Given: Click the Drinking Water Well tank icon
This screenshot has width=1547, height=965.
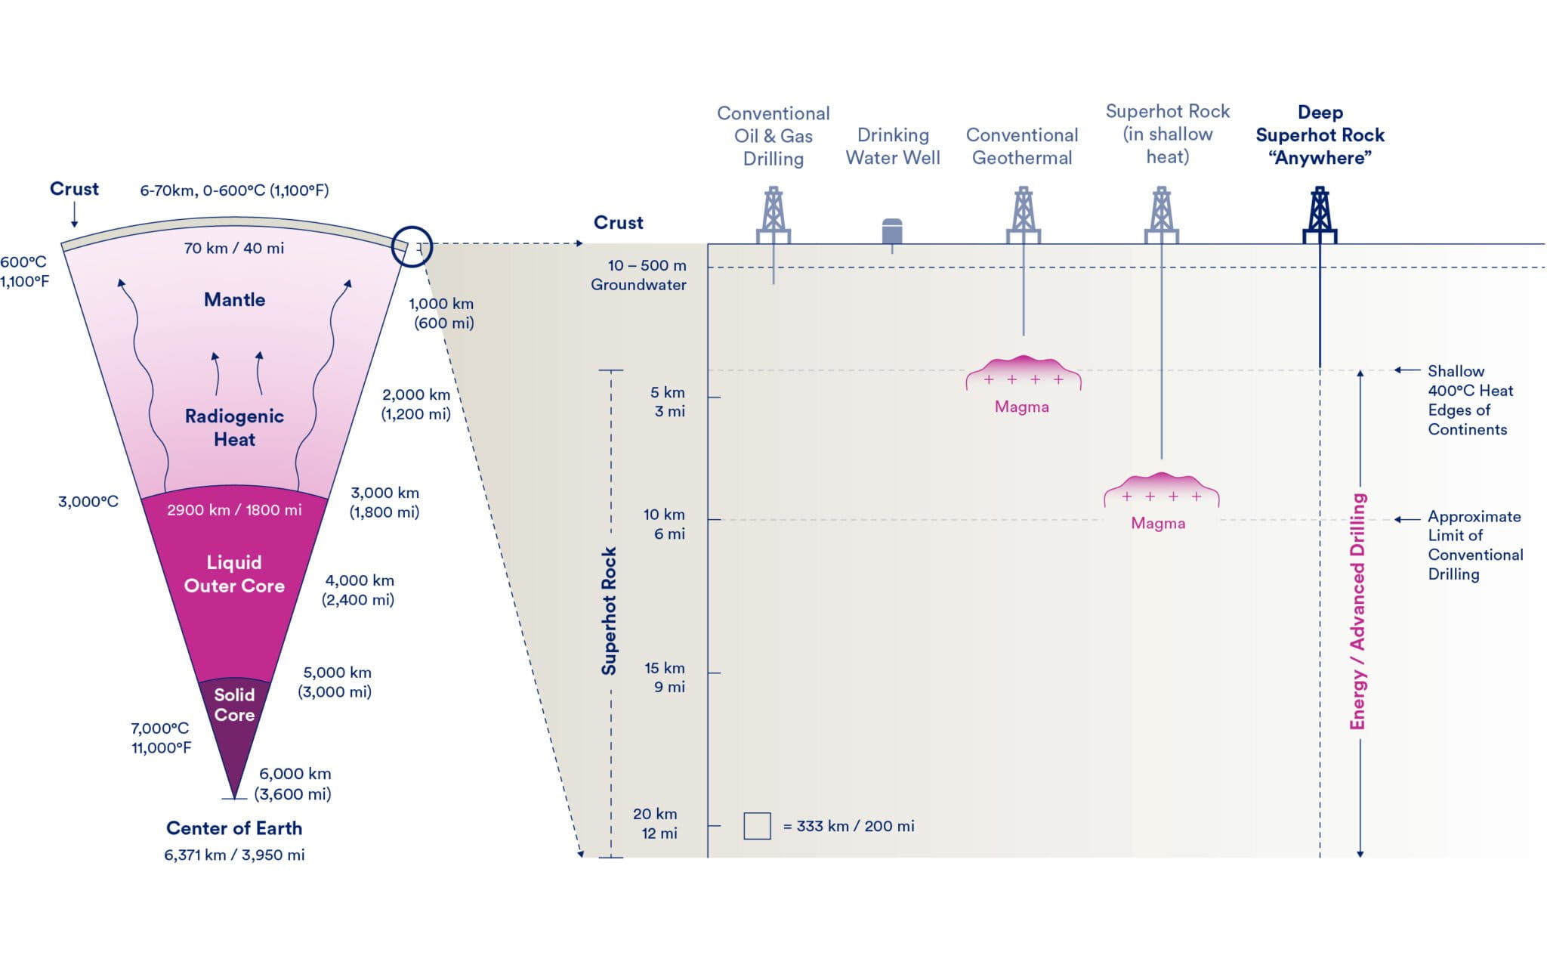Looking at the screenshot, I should (x=892, y=231).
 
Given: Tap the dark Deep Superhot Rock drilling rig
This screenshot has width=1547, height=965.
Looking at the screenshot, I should (x=1320, y=215).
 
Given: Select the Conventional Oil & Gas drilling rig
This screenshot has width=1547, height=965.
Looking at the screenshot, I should (x=773, y=215).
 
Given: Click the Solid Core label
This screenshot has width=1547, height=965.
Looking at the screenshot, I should (x=234, y=704).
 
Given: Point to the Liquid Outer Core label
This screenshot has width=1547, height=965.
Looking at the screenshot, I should (x=234, y=574).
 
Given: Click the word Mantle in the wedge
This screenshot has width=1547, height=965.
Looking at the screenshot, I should (x=234, y=300).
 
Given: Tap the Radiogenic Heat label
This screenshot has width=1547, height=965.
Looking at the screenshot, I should (x=234, y=428).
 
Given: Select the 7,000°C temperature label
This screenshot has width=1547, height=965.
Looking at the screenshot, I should (x=160, y=728).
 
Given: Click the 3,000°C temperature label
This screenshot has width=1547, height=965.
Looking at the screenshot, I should (x=88, y=502).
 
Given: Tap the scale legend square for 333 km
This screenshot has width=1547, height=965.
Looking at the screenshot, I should (x=757, y=826).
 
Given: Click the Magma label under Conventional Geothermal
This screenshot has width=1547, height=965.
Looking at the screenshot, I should (x=1021, y=407).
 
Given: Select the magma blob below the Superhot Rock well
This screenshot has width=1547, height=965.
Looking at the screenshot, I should (x=1161, y=490).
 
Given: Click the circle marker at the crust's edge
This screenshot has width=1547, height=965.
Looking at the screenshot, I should (x=412, y=246).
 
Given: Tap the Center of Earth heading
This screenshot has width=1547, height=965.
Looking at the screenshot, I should (x=234, y=828).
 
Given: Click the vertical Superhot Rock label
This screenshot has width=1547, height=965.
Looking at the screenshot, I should (x=609, y=611).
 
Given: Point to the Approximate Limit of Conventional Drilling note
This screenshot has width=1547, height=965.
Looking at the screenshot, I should (x=1474, y=545).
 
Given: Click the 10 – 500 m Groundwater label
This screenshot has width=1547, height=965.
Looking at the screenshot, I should (x=638, y=275).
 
